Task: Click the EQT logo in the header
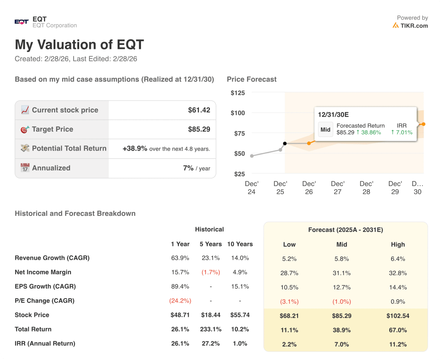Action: [21, 22]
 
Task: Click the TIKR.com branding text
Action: [414, 26]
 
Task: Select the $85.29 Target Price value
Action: [199, 129]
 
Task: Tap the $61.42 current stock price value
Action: [199, 110]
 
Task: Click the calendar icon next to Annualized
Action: [25, 168]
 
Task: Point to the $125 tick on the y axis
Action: [238, 93]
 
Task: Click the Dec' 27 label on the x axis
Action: [337, 187]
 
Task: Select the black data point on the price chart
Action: [285, 143]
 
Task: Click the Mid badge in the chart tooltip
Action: [325, 129]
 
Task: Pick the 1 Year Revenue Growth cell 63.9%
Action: [180, 258]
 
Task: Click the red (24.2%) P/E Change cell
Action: [180, 301]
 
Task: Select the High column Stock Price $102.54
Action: [398, 315]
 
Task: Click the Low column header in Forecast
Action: [289, 244]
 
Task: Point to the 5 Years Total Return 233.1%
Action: [210, 329]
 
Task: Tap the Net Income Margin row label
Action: [43, 272]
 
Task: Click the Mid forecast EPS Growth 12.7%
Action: [342, 287]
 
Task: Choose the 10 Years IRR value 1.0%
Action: [240, 344]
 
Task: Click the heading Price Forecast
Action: [251, 79]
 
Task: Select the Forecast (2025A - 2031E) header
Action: [345, 230]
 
